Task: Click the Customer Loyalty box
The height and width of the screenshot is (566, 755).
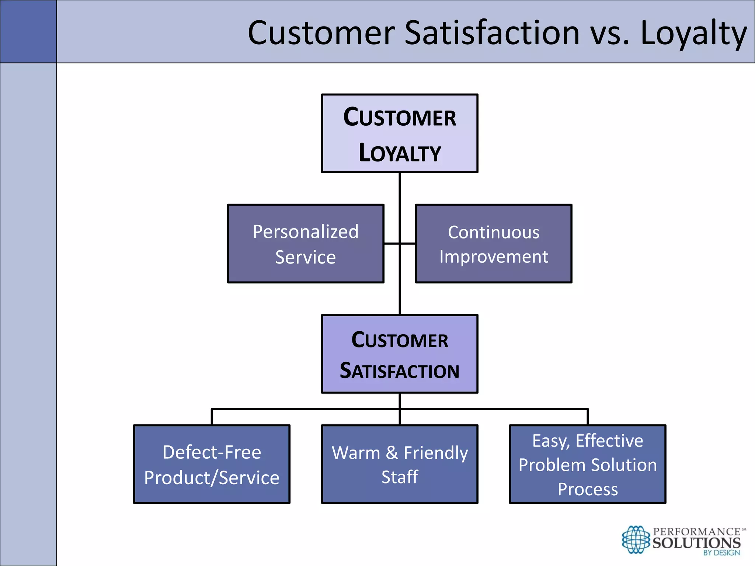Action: point(400,133)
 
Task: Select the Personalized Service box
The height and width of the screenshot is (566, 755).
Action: point(306,244)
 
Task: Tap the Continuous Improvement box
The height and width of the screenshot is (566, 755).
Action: point(494,244)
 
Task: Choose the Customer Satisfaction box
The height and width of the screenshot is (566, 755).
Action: point(400,354)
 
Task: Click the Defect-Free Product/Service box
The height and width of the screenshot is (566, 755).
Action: point(212,464)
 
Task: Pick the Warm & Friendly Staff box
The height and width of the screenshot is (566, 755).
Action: point(400,464)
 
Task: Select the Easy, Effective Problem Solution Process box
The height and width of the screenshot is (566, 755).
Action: point(588,464)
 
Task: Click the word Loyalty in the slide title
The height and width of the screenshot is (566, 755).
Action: point(693,33)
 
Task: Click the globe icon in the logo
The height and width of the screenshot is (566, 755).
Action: point(636,540)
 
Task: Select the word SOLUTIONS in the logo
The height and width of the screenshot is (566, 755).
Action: point(696,543)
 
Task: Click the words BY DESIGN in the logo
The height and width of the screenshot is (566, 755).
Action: point(721,553)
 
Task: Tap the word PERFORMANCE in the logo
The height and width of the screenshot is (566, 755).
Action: point(696,532)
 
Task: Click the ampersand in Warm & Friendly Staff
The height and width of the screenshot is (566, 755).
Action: point(392,453)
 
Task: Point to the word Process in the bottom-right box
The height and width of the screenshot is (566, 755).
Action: point(588,489)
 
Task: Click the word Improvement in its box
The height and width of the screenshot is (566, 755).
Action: point(494,256)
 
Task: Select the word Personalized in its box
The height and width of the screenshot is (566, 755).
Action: point(306,232)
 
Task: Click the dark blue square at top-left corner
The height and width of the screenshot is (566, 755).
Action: point(28,31)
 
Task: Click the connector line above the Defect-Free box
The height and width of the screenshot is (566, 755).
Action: point(212,416)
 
